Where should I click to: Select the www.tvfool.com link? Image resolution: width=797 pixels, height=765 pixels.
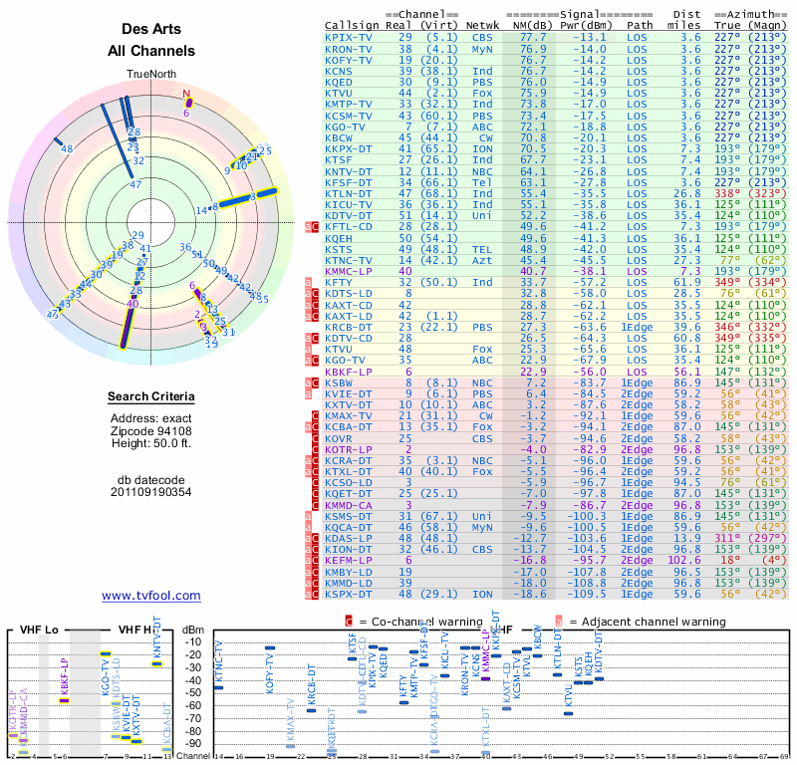(x=151, y=596)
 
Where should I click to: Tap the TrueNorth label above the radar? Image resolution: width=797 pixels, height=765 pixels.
(x=150, y=75)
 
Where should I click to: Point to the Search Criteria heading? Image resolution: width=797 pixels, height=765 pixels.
(x=151, y=397)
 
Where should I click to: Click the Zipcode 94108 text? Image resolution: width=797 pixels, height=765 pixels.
(x=151, y=430)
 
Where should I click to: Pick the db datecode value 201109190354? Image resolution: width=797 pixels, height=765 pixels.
(x=151, y=492)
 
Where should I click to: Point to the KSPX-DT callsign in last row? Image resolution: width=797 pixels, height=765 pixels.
(x=347, y=594)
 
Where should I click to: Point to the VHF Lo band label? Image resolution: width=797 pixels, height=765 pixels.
(x=37, y=630)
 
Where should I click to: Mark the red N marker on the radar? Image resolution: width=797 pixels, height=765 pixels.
(x=186, y=96)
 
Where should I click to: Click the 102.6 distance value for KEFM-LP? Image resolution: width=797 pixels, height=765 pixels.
(x=690, y=560)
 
